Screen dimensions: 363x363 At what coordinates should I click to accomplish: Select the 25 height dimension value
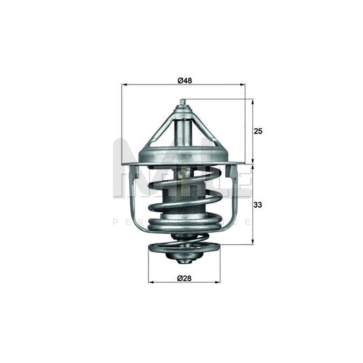coord(258,131)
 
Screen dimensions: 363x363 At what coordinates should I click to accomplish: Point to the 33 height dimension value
coord(258,204)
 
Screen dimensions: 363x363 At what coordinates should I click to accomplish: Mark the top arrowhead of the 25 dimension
coord(252,102)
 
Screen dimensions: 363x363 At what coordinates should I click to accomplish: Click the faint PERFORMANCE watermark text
coord(181,222)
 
